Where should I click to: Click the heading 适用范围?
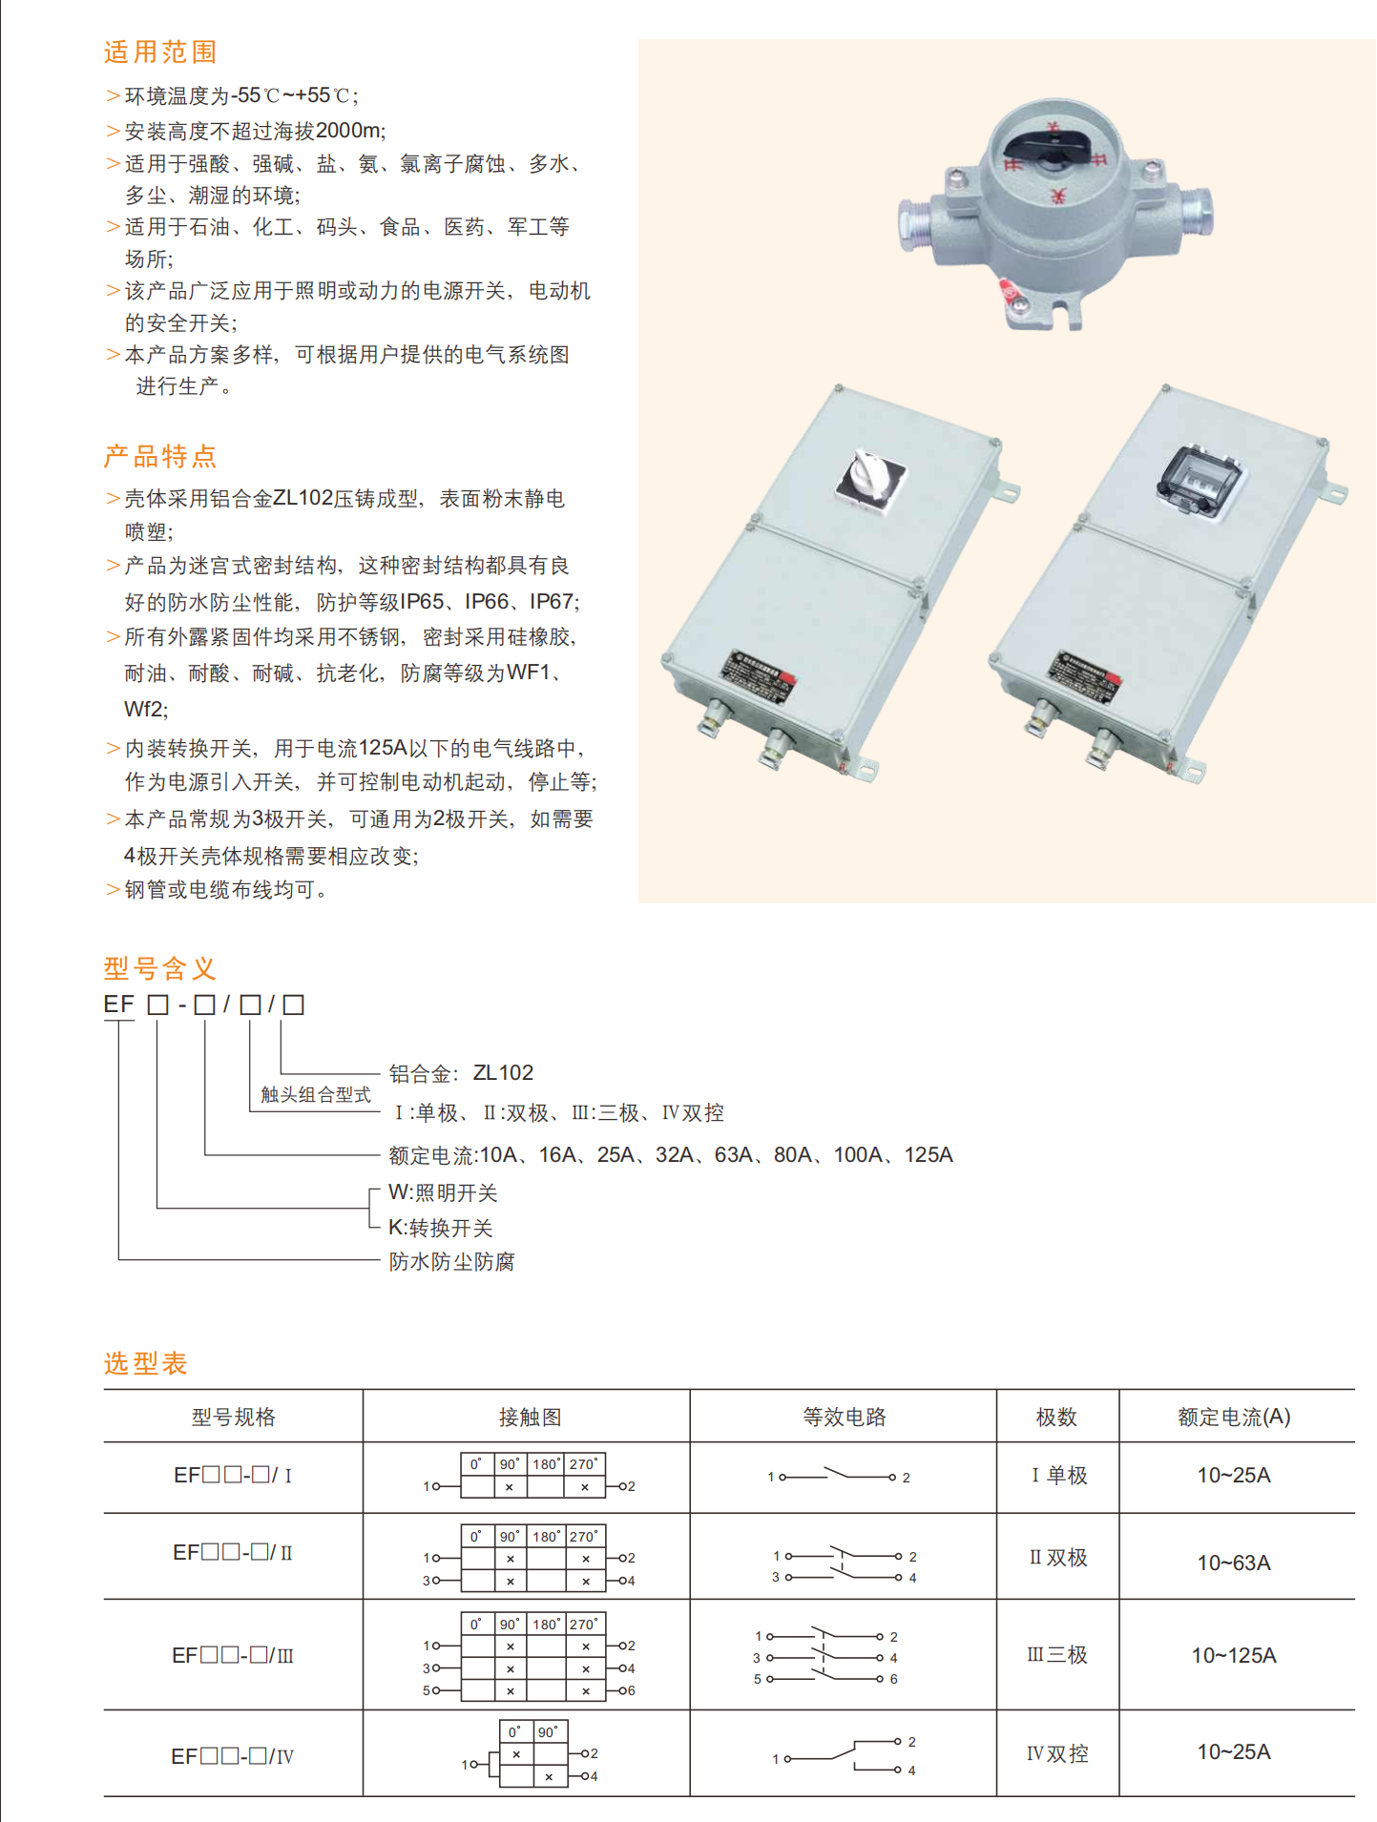160,52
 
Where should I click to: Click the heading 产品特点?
160,456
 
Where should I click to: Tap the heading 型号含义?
160,968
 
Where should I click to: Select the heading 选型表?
146,1363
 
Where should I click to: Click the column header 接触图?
530,1417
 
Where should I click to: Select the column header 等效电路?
844,1417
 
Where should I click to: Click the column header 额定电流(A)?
1234,1417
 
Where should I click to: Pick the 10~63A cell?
1234,1563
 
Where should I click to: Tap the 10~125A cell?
1234,1655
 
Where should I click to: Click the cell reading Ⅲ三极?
1057,1655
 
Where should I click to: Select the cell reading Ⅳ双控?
1057,1753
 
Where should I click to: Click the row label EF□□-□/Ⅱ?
233,1553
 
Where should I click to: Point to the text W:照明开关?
443,1192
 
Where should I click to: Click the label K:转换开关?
441,1228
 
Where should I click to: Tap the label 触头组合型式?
316,1094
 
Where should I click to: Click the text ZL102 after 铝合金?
503,1072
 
